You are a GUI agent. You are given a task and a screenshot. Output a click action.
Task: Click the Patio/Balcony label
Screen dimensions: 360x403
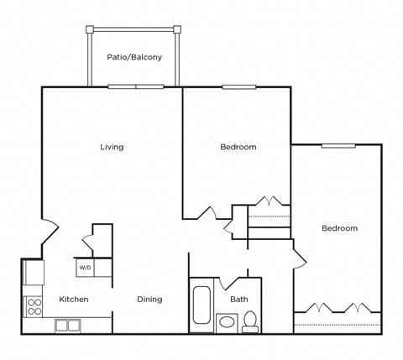134,58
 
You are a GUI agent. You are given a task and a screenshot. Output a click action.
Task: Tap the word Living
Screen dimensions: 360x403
112,147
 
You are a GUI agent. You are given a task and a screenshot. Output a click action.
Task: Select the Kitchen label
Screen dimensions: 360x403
73,299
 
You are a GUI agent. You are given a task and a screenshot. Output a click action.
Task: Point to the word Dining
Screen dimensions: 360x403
149,299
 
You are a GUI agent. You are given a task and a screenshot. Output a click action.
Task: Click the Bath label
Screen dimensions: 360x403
238,299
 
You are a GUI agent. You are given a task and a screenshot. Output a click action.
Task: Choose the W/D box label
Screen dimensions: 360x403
85,269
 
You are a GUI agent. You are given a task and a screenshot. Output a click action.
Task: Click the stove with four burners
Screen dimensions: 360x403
35,305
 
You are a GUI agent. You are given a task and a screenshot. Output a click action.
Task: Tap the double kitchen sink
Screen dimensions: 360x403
67,326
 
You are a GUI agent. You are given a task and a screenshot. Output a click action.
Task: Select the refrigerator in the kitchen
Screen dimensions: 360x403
34,273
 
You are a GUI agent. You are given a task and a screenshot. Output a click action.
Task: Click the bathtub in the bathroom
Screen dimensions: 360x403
201,308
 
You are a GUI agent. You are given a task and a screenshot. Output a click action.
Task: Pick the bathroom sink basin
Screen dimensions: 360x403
227,323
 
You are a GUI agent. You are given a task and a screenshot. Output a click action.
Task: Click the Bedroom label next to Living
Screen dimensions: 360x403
238,147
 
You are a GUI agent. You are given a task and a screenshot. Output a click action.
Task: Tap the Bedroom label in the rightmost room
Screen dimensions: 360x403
339,228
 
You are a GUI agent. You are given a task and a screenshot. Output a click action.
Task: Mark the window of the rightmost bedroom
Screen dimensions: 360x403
339,145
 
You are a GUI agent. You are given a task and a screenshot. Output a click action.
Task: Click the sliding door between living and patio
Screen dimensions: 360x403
136,86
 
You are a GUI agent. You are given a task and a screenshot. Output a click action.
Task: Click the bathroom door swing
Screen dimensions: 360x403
230,284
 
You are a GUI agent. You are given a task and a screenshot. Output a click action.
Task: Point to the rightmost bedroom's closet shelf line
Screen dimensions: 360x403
337,324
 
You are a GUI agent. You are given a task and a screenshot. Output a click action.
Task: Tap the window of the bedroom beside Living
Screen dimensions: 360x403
239,86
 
